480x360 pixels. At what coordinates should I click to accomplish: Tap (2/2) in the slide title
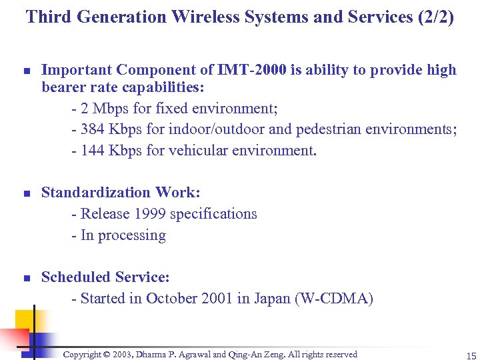pyautogui.click(x=433, y=17)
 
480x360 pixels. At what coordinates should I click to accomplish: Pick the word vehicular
pyautogui.click(x=196, y=151)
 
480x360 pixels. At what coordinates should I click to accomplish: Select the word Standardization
pyautogui.click(x=95, y=193)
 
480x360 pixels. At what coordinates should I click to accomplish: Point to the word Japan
pyautogui.click(x=272, y=299)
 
